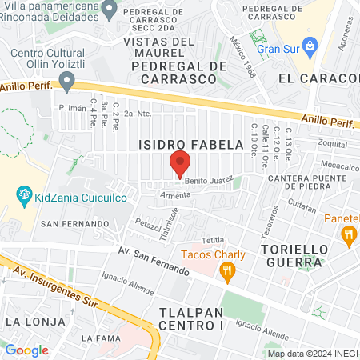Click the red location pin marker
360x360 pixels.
click(x=180, y=163)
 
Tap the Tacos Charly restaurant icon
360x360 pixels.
click(x=228, y=273)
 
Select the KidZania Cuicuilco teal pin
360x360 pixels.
click(x=23, y=194)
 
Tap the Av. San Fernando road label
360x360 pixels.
click(x=152, y=260)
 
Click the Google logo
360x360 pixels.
click(x=26, y=350)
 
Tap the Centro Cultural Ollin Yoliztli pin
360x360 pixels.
click(x=67, y=79)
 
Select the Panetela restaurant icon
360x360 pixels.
click(x=347, y=234)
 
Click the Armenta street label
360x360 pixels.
click(x=176, y=194)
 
